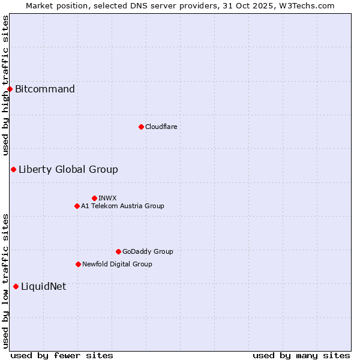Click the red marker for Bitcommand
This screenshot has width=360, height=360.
click(x=10, y=89)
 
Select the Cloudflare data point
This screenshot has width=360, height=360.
click(x=141, y=127)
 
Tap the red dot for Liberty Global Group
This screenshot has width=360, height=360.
click(x=13, y=169)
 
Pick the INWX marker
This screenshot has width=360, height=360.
click(x=94, y=198)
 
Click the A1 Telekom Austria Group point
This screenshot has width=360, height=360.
click(x=77, y=206)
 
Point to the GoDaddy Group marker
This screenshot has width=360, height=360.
click(x=118, y=251)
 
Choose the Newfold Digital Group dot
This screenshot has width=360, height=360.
click(x=78, y=264)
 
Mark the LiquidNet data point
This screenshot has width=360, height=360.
click(x=16, y=286)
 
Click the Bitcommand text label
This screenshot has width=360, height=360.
click(x=45, y=89)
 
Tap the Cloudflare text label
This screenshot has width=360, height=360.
click(x=161, y=127)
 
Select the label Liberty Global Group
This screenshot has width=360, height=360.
click(x=68, y=169)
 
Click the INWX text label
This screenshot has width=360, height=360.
click(x=107, y=198)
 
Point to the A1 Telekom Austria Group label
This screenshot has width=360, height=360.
click(x=122, y=206)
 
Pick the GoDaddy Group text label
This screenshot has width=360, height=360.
click(x=148, y=251)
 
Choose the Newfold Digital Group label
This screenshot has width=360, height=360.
click(x=117, y=264)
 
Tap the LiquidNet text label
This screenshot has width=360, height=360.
click(x=44, y=286)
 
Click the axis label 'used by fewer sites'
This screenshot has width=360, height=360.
click(x=62, y=355)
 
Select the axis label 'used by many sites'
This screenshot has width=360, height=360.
click(x=301, y=355)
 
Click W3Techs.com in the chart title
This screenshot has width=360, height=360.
click(x=305, y=5)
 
